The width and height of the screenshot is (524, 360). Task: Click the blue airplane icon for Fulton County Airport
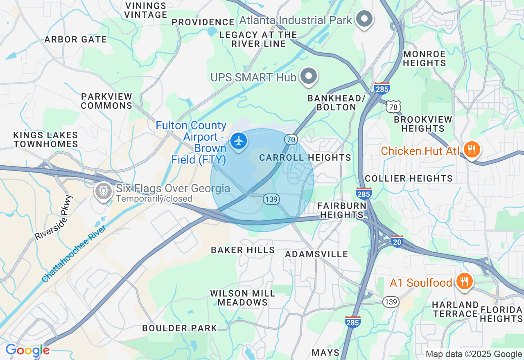(x=238, y=141)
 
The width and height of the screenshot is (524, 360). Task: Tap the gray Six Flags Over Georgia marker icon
(x=103, y=191)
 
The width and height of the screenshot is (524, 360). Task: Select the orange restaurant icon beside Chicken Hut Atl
(x=472, y=150)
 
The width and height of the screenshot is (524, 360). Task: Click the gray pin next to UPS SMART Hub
(x=309, y=76)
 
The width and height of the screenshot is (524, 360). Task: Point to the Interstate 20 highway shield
(x=397, y=241)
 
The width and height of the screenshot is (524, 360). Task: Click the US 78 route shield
(x=393, y=106)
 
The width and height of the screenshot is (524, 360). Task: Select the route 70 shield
(x=291, y=139)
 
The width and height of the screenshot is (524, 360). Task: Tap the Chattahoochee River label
(x=74, y=253)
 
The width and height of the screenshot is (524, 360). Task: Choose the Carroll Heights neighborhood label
(x=305, y=157)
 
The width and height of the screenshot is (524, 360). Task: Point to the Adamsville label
(x=316, y=254)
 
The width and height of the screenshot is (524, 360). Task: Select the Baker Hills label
(x=243, y=250)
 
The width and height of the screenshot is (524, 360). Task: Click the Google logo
(x=27, y=350)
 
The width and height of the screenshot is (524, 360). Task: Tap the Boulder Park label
(x=179, y=328)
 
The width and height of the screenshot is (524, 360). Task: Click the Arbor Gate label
(x=75, y=39)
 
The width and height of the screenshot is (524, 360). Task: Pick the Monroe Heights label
(x=424, y=59)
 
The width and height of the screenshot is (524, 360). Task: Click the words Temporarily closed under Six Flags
(x=154, y=199)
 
